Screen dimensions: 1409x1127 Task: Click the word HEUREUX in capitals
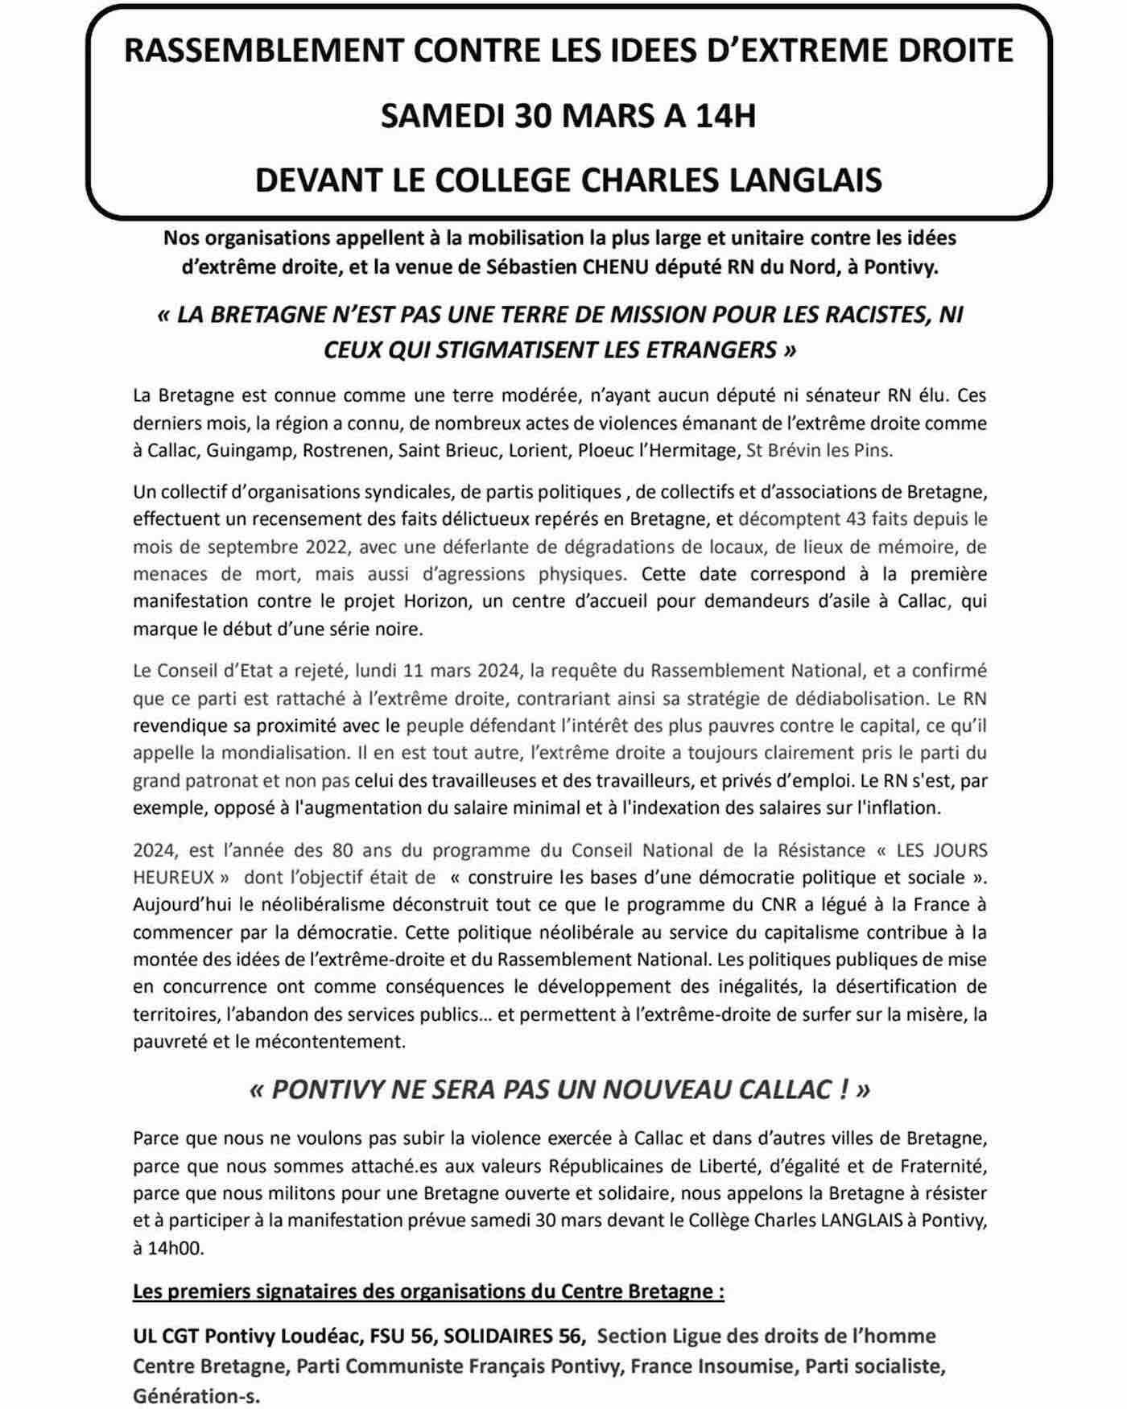coord(174,877)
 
